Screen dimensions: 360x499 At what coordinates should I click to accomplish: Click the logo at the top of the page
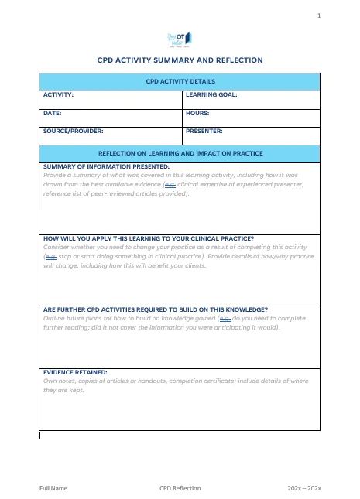pos(180,39)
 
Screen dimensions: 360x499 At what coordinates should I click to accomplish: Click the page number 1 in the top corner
pos(318,15)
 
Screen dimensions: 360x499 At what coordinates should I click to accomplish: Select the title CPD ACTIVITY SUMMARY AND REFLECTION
pos(180,60)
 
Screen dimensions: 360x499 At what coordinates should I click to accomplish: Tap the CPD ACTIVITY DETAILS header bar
pos(180,81)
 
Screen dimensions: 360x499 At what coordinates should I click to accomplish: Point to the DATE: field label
pos(52,113)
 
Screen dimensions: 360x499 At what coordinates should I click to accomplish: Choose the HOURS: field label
pos(198,113)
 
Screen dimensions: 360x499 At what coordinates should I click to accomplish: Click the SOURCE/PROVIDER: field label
pos(74,131)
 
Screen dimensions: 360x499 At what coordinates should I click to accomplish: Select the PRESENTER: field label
pos(204,131)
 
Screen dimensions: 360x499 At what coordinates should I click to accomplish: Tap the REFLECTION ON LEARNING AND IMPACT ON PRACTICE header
pos(180,153)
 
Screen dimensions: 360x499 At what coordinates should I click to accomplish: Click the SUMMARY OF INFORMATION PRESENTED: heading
pos(106,166)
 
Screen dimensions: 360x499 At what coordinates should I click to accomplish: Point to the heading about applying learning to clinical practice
pos(149,238)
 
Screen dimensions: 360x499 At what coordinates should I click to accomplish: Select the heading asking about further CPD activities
pos(156,309)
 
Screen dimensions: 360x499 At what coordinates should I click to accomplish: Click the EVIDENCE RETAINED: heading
pos(75,372)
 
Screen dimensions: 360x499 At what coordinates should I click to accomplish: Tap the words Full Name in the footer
pos(53,488)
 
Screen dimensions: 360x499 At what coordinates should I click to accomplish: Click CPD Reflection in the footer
pos(180,488)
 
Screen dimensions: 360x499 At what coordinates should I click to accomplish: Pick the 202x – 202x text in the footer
pos(303,488)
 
